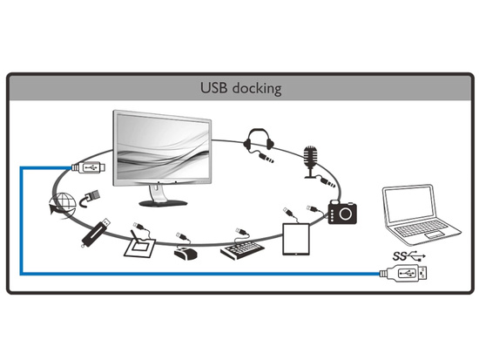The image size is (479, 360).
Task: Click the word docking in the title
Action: click(x=259, y=89)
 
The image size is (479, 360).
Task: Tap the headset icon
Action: click(x=259, y=142)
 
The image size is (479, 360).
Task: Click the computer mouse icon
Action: click(x=187, y=254)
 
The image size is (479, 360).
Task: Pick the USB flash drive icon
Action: click(x=93, y=233)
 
